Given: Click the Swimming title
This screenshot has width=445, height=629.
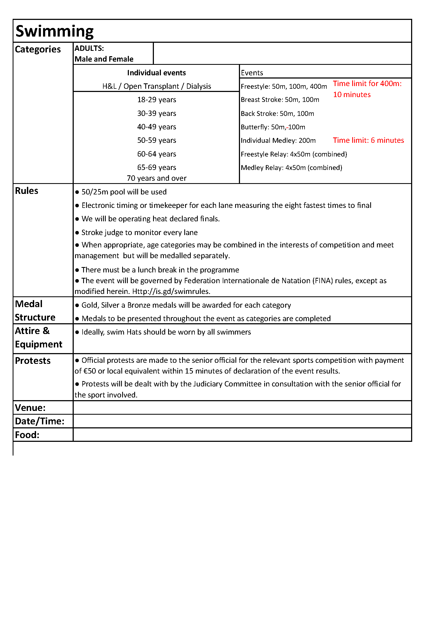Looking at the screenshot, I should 55,31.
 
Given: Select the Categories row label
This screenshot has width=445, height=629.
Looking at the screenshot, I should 38,49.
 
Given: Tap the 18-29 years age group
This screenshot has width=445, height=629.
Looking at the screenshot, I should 157,100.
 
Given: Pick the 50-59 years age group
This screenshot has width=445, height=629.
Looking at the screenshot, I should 157,140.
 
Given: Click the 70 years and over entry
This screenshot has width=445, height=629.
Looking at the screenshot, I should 157,178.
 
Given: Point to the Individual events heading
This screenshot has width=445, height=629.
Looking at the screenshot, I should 157,73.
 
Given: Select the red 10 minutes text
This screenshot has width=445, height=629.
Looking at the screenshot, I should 352,95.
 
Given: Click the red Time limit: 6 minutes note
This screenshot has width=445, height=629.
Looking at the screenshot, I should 368,140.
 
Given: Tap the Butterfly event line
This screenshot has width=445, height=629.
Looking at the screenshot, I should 273,127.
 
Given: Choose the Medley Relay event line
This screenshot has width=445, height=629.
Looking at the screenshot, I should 291,168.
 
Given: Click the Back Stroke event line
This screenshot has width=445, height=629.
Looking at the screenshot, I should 277,114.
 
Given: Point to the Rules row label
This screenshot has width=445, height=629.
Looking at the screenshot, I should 27,191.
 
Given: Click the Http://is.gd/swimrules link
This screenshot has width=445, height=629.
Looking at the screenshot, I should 171,292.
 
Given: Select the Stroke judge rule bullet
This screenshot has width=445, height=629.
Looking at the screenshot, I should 139,233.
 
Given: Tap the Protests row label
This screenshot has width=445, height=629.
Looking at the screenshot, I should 33,361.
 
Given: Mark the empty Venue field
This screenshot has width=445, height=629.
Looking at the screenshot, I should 242,408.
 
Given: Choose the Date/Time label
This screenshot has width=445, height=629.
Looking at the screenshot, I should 40,421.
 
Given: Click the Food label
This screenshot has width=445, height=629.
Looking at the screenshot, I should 27,435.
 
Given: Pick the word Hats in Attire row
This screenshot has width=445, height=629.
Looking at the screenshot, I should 134,332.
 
